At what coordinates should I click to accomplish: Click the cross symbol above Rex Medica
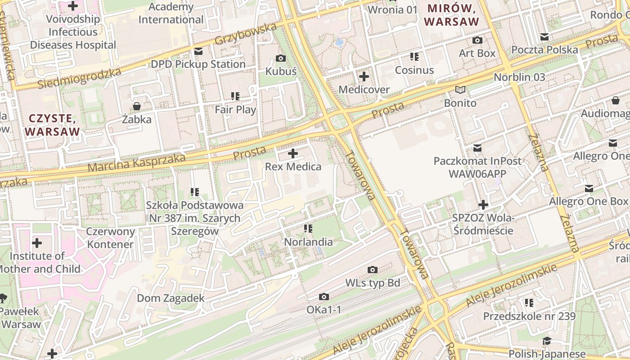pos(293,153)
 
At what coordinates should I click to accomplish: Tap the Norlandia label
pos(308,242)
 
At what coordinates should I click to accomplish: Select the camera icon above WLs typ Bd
pos(372,270)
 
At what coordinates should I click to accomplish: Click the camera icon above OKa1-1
pos(324,297)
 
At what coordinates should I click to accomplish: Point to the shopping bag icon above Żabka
pos(136,107)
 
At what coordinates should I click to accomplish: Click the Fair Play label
pos(235,109)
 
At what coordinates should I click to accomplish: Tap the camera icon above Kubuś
pos(281,58)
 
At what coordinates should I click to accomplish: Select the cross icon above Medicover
pos(364,76)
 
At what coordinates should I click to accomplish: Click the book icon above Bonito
pos(460,90)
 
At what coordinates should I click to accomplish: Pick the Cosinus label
pos(414,70)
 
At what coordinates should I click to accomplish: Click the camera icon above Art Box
pos(477,40)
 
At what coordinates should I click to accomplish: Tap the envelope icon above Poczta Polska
pos(544,37)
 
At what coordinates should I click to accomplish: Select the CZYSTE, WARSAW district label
pos(52,125)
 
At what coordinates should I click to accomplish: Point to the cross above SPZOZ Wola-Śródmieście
pos(483,205)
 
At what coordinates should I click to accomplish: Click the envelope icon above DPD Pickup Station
pos(198,51)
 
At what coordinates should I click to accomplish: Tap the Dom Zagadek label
pos(171,298)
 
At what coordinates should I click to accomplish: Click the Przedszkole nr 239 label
pos(529,316)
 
